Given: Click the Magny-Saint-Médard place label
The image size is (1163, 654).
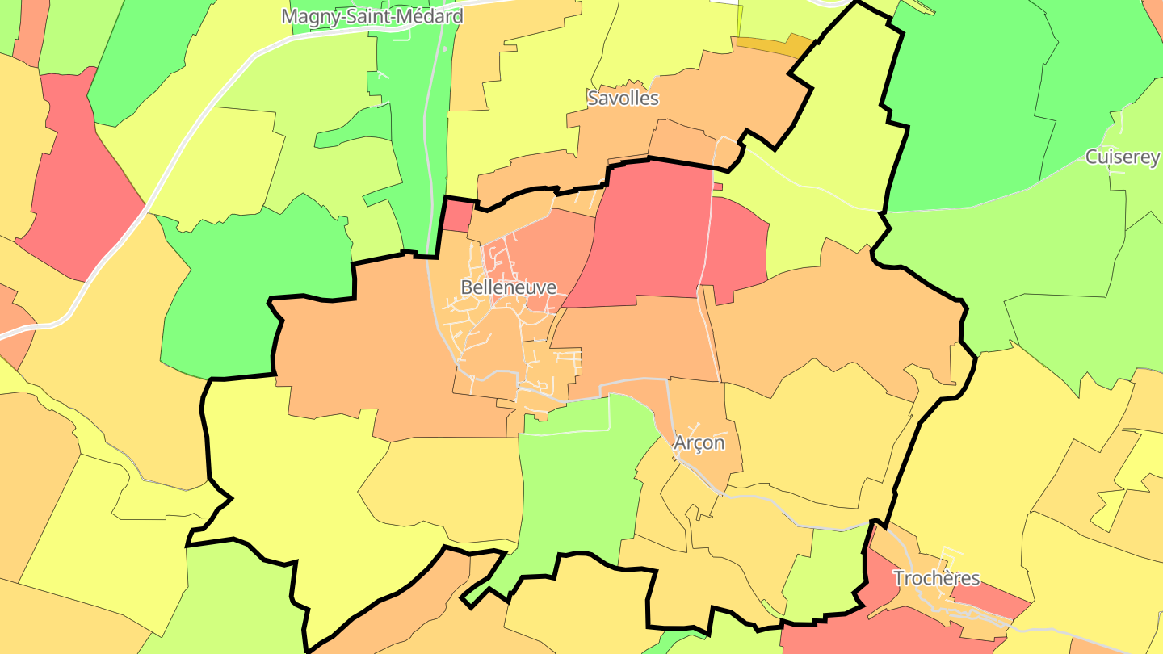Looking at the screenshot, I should (x=372, y=16).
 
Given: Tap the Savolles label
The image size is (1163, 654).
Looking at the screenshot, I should (x=623, y=99).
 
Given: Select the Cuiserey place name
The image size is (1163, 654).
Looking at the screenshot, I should (x=1122, y=157).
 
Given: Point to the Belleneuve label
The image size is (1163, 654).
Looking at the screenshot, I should (x=508, y=287).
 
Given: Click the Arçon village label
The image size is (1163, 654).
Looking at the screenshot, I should (x=699, y=442).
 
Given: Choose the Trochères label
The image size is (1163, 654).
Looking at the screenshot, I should (x=936, y=578).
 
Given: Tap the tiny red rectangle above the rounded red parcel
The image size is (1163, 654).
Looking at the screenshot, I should (x=718, y=187).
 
